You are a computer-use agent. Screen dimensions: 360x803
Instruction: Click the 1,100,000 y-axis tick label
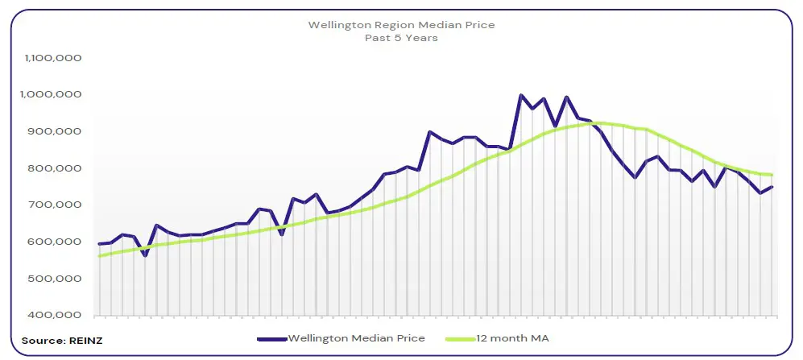[52, 59]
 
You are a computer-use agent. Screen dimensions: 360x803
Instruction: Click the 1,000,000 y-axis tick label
[52, 95]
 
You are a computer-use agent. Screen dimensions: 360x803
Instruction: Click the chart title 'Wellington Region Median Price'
[401, 25]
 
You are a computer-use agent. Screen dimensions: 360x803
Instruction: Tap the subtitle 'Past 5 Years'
[401, 38]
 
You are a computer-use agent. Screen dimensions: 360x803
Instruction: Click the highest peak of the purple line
[520, 95]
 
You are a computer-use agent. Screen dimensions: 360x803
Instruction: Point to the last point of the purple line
[772, 187]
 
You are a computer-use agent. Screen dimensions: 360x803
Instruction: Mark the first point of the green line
[99, 256]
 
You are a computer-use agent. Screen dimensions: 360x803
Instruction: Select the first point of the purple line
[99, 244]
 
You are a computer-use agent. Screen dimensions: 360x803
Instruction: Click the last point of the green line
[772, 175]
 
